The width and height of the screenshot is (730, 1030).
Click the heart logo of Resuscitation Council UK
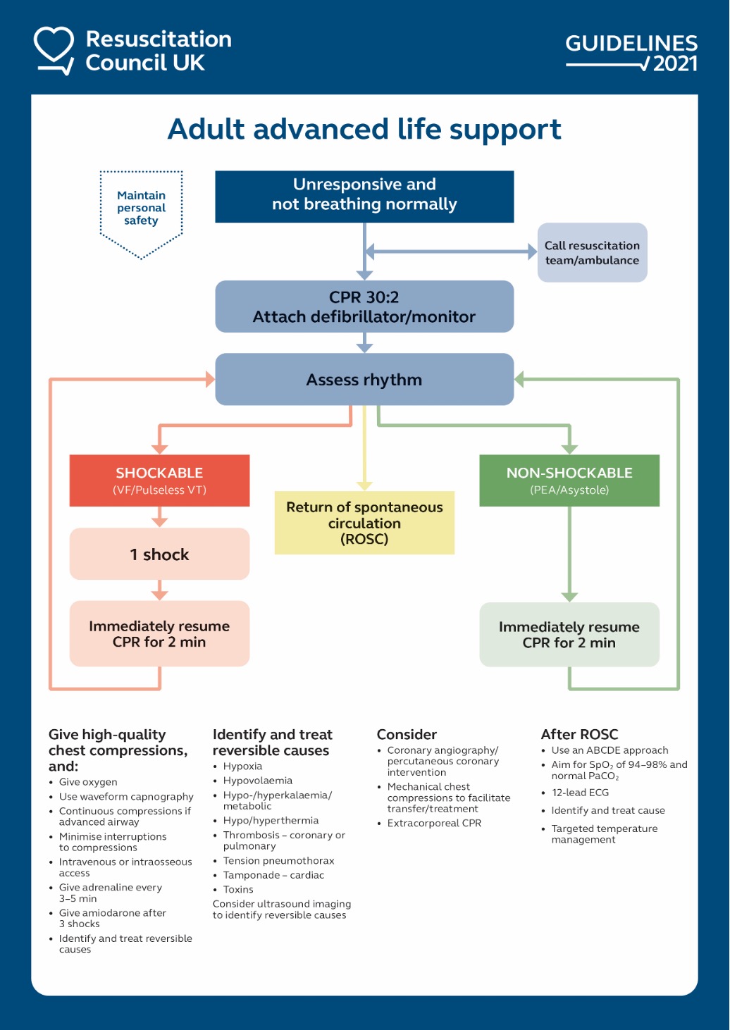pyautogui.click(x=54, y=49)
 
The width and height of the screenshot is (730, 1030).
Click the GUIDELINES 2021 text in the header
pyautogui.click(x=631, y=52)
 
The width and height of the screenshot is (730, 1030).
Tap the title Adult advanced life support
pyautogui.click(x=364, y=130)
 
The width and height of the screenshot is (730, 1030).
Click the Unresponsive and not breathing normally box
pyautogui.click(x=364, y=196)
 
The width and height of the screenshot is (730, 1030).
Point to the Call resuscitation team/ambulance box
pyautogui.click(x=592, y=252)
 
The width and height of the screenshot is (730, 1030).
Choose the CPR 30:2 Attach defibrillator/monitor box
pyautogui.click(x=364, y=306)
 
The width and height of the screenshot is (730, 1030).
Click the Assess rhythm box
pyautogui.click(x=364, y=379)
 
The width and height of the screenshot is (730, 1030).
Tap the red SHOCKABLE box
pyautogui.click(x=159, y=480)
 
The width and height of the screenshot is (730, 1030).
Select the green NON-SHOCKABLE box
pyautogui.click(x=569, y=480)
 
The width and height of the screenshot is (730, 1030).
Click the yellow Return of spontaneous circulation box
pyautogui.click(x=364, y=523)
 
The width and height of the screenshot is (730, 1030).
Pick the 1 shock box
pyautogui.click(x=159, y=554)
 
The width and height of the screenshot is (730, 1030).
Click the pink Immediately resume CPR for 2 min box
pyautogui.click(x=159, y=633)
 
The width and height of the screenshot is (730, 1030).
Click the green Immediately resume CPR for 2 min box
pyautogui.click(x=569, y=634)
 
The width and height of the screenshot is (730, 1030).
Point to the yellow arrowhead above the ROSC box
pyautogui.click(x=364, y=485)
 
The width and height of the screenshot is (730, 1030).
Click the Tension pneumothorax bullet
pyautogui.click(x=278, y=861)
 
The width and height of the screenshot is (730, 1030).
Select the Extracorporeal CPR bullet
pyautogui.click(x=434, y=823)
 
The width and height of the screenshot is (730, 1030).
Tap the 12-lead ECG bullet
pyautogui.click(x=580, y=793)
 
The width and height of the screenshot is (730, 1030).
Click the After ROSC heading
pyautogui.click(x=579, y=734)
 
